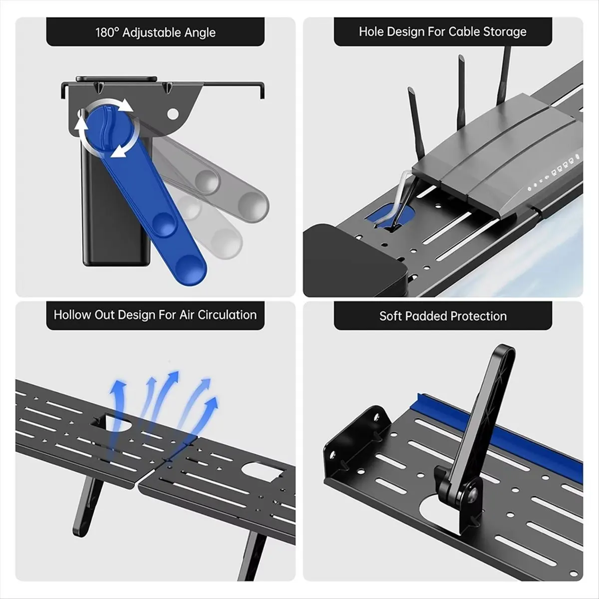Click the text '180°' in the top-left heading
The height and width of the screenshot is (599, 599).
click(107, 32)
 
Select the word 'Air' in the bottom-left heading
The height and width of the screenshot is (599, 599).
click(187, 315)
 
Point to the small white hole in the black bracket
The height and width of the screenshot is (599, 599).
click(173, 114)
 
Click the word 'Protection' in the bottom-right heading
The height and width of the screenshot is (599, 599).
click(479, 316)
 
